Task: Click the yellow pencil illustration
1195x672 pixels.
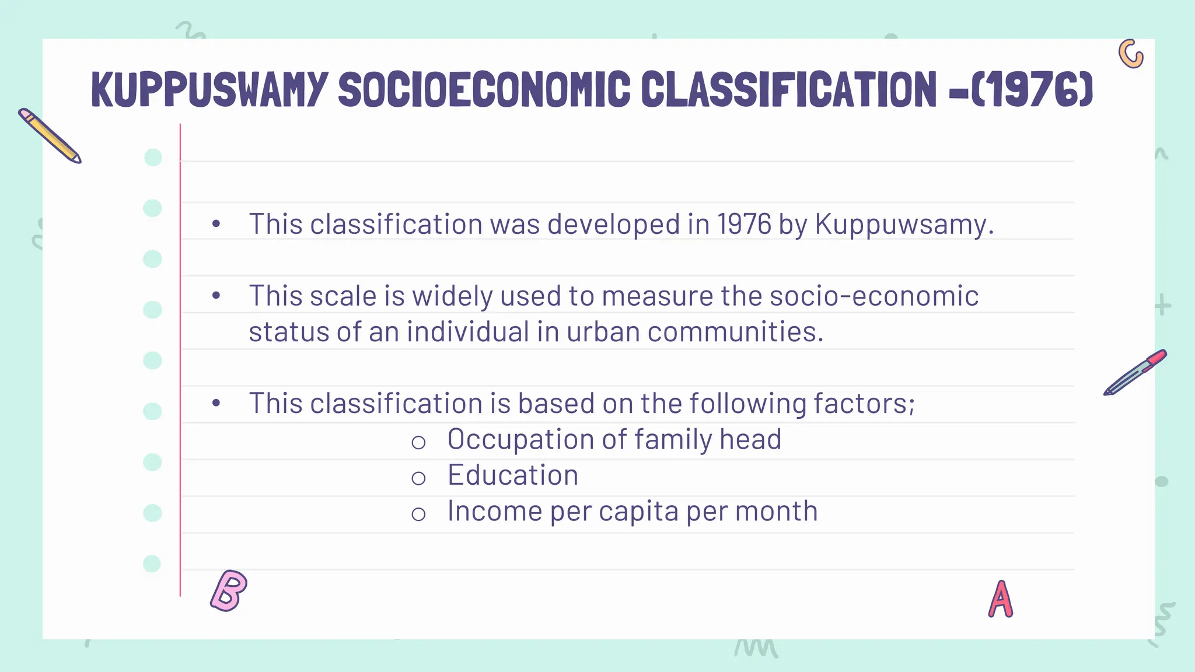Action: (x=50, y=135)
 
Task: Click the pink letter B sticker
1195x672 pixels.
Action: (x=229, y=590)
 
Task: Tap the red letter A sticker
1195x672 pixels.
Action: (x=1001, y=600)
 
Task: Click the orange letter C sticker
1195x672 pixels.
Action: (x=1131, y=54)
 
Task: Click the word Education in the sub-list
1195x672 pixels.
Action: (x=512, y=475)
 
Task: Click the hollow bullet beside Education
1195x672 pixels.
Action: (x=418, y=479)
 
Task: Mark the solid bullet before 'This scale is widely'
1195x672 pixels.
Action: (x=216, y=296)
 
